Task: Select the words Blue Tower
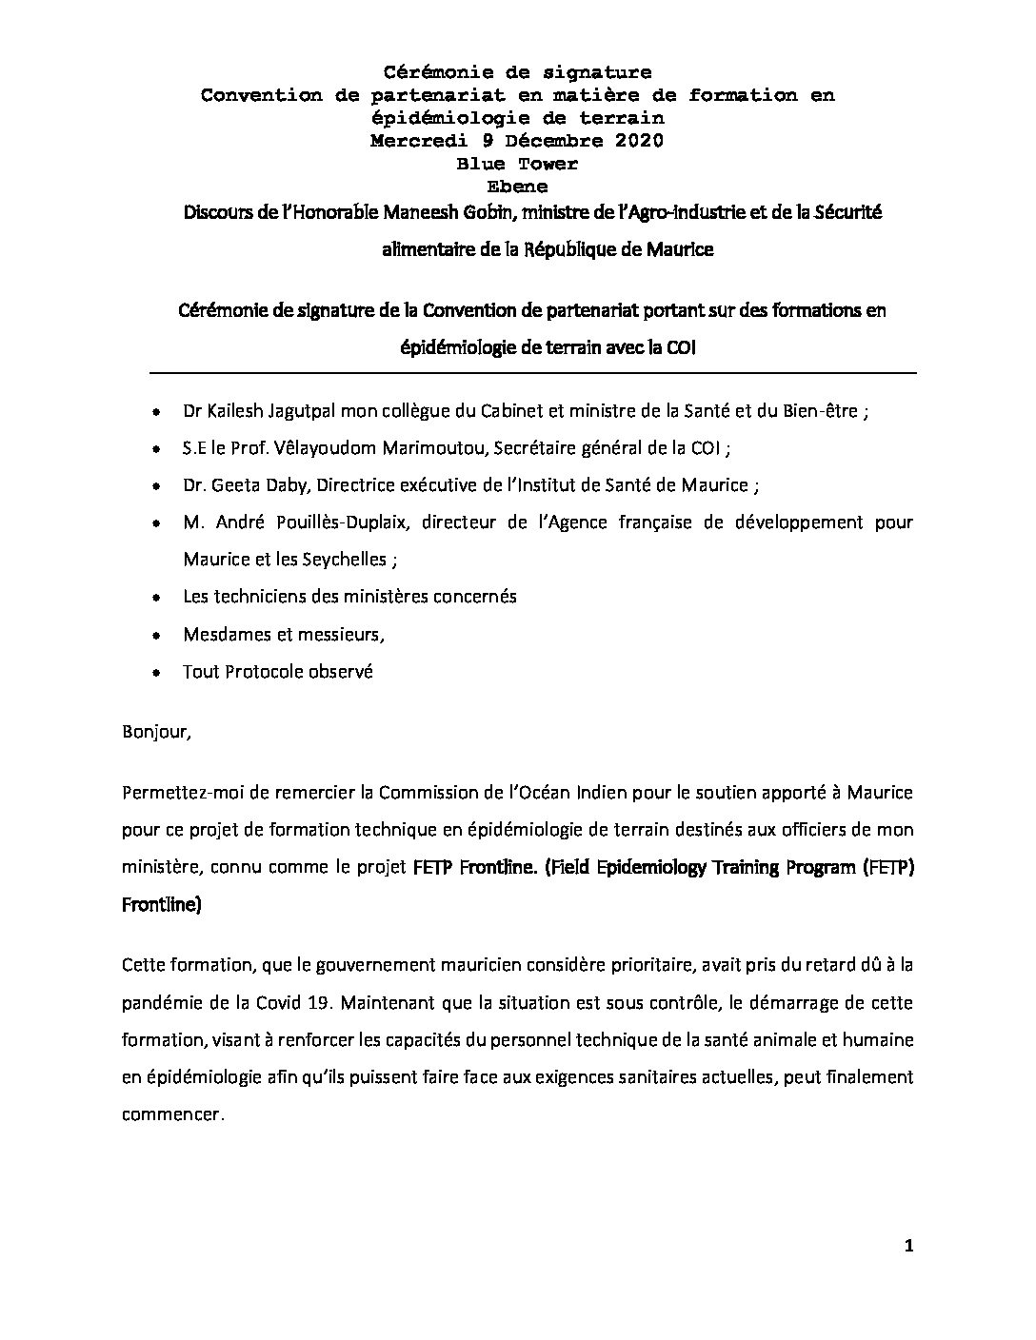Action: (x=517, y=164)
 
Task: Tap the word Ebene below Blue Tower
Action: (x=517, y=187)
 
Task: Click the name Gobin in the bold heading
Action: (x=511, y=212)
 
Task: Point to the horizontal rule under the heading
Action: (x=518, y=372)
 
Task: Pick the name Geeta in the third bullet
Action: (x=234, y=485)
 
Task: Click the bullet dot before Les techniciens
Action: (x=156, y=598)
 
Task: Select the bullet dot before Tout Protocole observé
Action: (x=156, y=673)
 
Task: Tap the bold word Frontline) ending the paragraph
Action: (x=162, y=906)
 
